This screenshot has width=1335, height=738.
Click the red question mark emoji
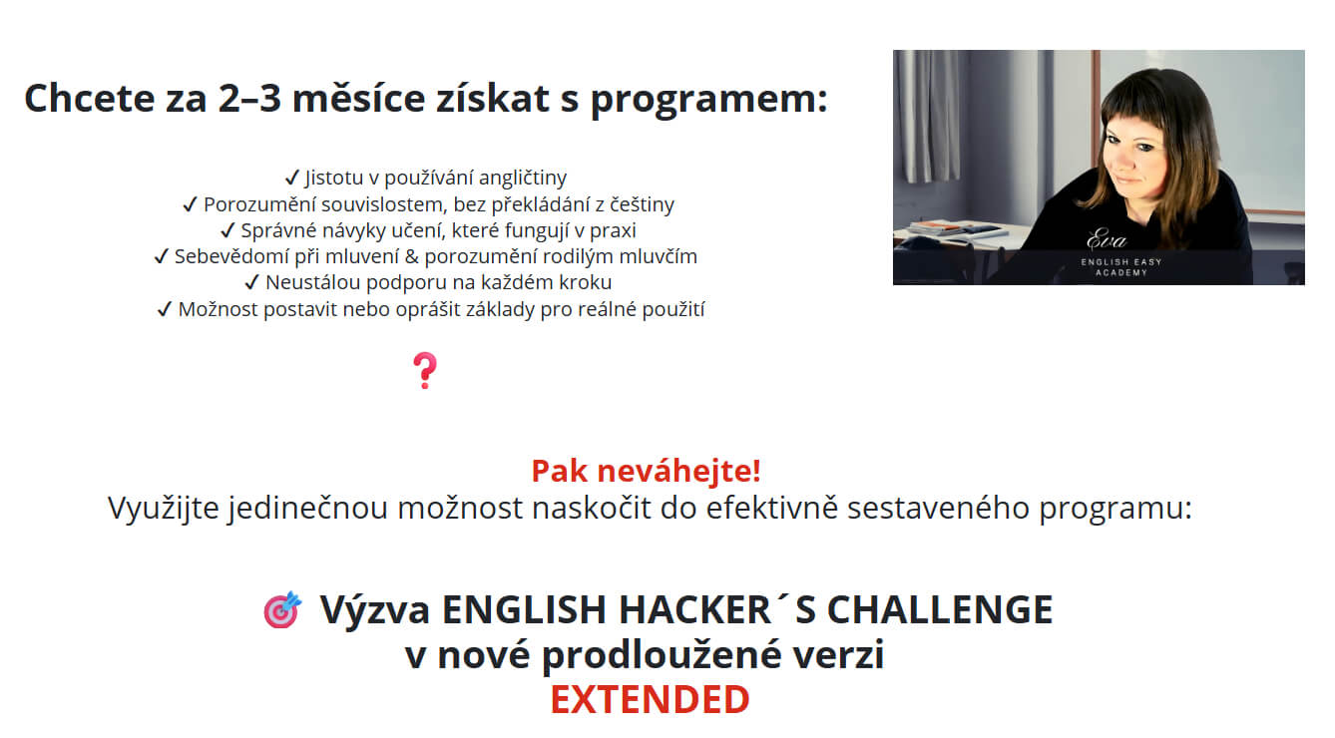(425, 370)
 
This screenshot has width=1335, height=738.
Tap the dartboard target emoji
(282, 609)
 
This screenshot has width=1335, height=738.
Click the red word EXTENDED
(650, 699)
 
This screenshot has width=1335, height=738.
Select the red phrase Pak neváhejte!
(646, 471)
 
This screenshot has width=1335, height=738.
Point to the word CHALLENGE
(940, 609)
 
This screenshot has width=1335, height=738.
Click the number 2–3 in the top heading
(249, 99)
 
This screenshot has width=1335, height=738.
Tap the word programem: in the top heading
(709, 100)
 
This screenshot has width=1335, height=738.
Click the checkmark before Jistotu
(292, 177)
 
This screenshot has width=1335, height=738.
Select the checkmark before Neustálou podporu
(252, 282)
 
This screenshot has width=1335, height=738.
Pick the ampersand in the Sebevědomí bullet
(411, 256)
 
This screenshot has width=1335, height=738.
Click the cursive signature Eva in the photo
(1107, 239)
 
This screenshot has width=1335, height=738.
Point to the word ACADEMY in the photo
(1121, 273)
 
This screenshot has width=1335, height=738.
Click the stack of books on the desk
(952, 229)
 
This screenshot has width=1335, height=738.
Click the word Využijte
(164, 508)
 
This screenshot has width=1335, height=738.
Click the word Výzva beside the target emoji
(375, 611)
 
